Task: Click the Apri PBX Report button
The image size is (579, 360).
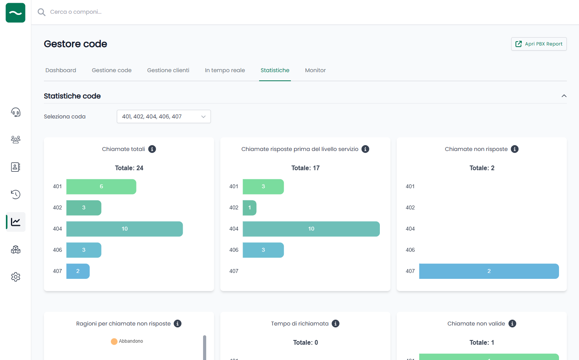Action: pos(539,44)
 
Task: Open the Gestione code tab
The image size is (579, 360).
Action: pos(112,70)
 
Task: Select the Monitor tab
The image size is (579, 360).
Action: pos(315,70)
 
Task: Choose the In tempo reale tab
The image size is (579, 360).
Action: pos(225,70)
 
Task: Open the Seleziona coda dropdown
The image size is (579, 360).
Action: pos(163,116)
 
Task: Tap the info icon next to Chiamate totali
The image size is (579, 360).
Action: pos(152,149)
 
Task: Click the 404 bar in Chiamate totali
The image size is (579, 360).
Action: pos(124,229)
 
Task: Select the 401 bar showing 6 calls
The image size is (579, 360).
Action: pos(101,187)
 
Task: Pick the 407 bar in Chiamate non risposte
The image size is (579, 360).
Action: pos(488,271)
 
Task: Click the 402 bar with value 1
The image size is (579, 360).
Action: pos(249,208)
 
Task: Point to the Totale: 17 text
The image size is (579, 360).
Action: pos(305,168)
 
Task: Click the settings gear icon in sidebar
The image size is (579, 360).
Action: pos(16,277)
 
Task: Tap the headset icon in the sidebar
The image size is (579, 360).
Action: pos(16,113)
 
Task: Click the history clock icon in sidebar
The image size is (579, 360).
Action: pos(16,195)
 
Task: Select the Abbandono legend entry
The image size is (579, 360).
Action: pos(127,341)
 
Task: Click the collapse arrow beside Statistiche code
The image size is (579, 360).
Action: pos(564,96)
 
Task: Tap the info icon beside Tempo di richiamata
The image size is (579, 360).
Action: pos(336,324)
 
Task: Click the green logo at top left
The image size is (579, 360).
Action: pos(16,13)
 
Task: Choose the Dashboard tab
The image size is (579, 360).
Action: pos(61,70)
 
